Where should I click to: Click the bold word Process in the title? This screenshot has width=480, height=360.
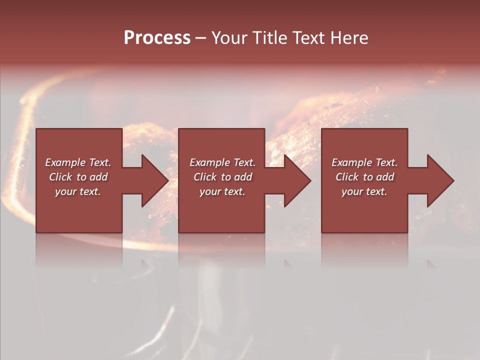157,38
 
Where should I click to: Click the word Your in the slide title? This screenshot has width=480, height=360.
230,38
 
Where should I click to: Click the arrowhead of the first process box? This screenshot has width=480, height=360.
153,181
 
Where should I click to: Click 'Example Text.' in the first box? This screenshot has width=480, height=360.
78,162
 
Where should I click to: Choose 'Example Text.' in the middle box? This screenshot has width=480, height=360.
222,162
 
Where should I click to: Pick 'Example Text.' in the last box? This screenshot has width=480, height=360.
364,162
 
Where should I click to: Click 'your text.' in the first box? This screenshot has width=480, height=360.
78,191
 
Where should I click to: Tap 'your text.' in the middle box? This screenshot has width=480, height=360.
222,191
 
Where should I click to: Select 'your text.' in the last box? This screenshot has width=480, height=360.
364,191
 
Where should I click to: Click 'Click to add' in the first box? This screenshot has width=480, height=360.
78,177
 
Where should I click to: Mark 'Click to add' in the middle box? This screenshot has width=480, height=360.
222,177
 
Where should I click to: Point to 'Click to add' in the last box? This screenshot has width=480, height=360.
364,177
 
